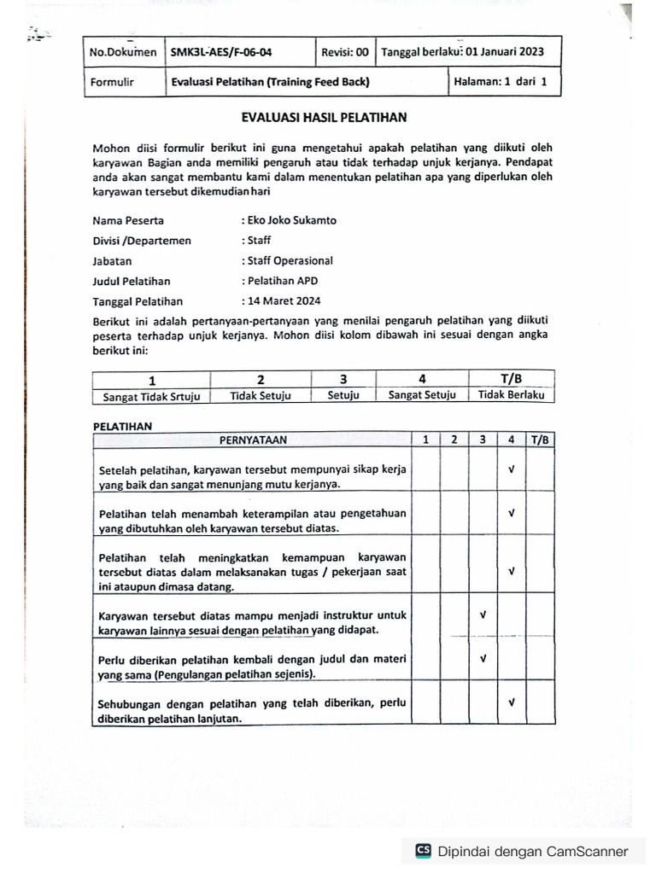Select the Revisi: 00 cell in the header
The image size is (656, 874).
click(x=344, y=52)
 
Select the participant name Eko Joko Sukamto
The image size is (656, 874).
click(x=290, y=220)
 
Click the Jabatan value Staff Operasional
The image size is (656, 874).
click(x=290, y=261)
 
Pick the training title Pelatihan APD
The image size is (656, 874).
click(x=279, y=281)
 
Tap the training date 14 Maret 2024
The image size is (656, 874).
click(x=283, y=300)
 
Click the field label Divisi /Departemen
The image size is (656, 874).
click(x=142, y=241)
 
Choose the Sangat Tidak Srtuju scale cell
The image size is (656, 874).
click(x=150, y=395)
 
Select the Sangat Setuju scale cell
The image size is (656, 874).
click(x=422, y=395)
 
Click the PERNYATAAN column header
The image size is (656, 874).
click(x=253, y=440)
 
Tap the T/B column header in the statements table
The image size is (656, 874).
click(x=540, y=440)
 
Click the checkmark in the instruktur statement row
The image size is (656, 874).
click(x=483, y=615)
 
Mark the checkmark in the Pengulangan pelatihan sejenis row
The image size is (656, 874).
click(x=483, y=658)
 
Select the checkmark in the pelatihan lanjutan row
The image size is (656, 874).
click(x=511, y=702)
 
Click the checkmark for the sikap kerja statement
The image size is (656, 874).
click(x=511, y=469)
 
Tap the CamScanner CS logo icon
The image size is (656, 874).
click(x=423, y=850)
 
